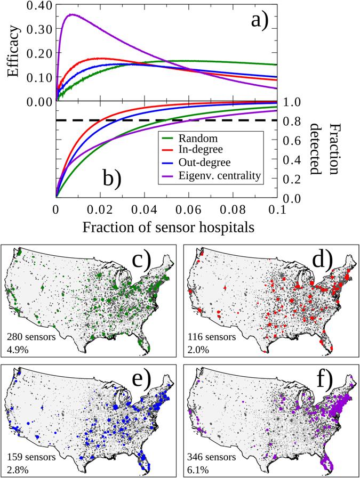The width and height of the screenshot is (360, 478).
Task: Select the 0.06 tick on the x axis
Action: click(x=191, y=209)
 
